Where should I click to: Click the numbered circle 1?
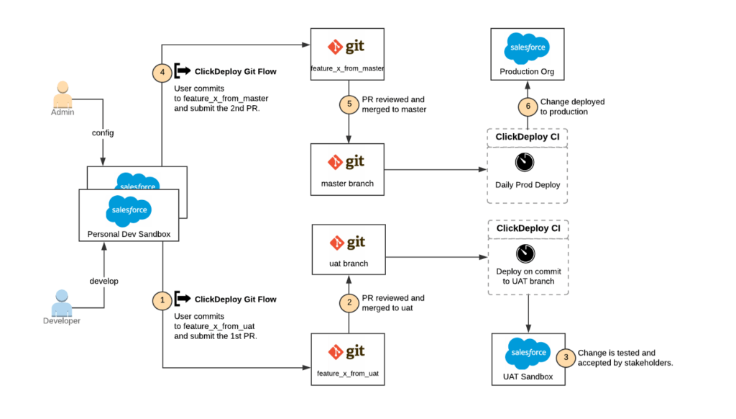point(163,299)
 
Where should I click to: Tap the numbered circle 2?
point(349,303)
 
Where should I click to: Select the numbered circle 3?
point(566,358)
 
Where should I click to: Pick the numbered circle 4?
point(163,72)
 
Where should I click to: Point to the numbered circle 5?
point(349,104)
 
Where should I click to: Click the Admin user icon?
point(63,94)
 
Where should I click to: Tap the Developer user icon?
point(63,302)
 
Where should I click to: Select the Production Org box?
point(527,55)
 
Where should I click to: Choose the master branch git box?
point(348,169)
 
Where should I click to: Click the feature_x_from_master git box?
point(348,55)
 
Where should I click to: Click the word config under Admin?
point(103,133)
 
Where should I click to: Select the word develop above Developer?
point(103,280)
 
